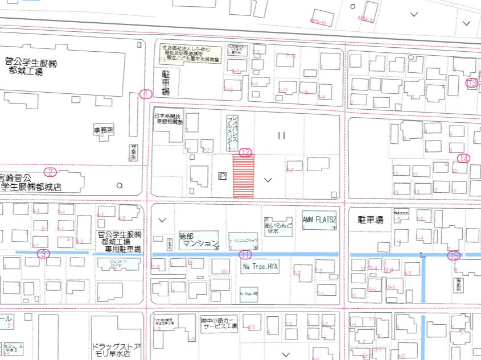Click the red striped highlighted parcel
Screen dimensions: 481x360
(244, 177)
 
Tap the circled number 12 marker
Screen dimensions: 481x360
(245, 152)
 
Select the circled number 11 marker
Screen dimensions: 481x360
(245, 254)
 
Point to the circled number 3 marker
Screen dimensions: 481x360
(43, 254)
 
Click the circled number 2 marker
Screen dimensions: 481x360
(50, 172)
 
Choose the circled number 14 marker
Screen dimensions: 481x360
(464, 159)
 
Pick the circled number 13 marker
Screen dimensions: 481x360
(471, 83)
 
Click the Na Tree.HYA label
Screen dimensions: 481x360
(261, 266)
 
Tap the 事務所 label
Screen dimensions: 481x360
(104, 130)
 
